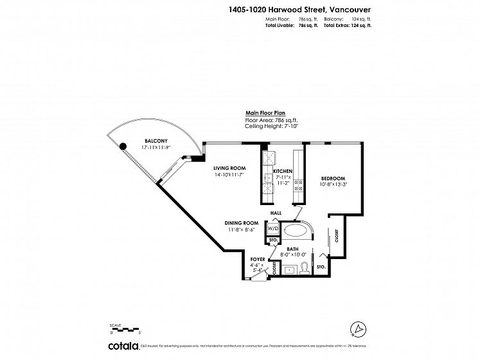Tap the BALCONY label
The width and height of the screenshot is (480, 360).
pyautogui.click(x=156, y=141)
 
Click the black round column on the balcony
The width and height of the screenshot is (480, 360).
pyautogui.click(x=123, y=145)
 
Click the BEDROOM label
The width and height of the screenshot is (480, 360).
pyautogui.click(x=333, y=178)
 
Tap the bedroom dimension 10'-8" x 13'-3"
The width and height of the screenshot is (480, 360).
pyautogui.click(x=333, y=185)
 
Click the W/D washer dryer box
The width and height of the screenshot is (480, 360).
pyautogui.click(x=272, y=228)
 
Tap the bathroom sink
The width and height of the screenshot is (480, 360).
pyautogui.click(x=289, y=269)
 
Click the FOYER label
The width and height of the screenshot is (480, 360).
pyautogui.click(x=258, y=259)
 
